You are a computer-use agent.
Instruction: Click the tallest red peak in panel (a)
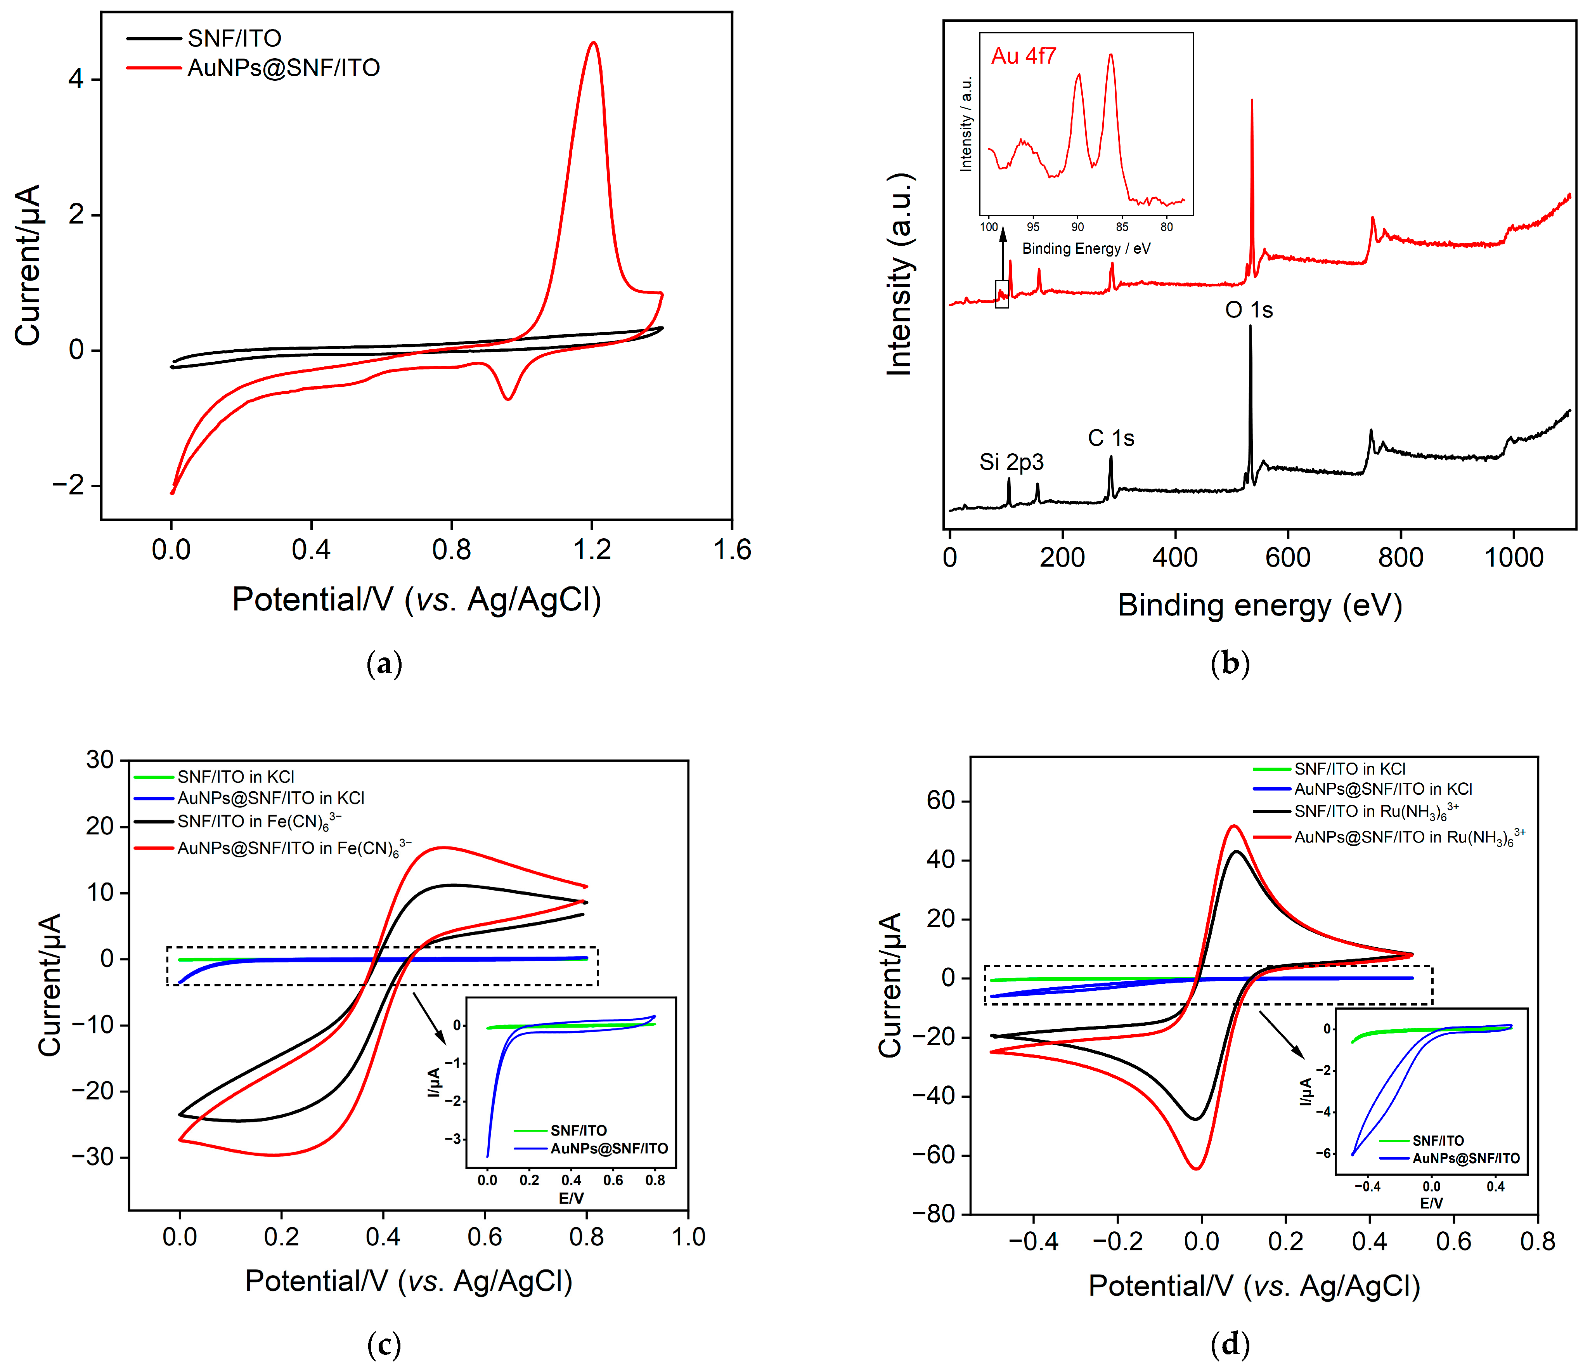tap(592, 44)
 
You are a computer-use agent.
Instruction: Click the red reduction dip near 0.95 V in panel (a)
tap(507, 398)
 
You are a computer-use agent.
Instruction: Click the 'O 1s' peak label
tap(1249, 310)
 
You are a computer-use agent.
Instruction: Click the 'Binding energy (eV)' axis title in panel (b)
tap(1259, 606)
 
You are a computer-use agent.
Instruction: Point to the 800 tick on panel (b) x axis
tap(1400, 557)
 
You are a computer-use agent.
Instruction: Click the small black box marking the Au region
tap(1001, 294)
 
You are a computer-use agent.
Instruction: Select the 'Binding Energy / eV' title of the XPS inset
tap(1086, 249)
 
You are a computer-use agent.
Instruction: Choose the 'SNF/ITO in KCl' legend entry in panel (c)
tap(236, 777)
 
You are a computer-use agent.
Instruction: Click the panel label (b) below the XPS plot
tap(1230, 663)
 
